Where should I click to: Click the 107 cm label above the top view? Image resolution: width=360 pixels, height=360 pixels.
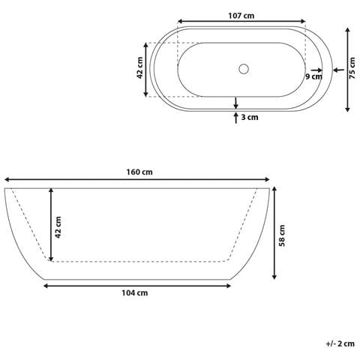click(x=241, y=13)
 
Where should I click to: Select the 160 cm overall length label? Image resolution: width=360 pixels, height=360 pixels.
click(x=139, y=171)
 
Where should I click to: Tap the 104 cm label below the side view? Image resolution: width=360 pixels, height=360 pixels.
click(x=136, y=293)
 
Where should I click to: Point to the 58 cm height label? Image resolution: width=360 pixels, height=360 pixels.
click(x=283, y=235)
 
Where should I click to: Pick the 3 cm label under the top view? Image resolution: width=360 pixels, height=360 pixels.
click(x=250, y=117)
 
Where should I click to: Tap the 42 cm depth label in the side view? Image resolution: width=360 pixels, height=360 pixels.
click(x=59, y=224)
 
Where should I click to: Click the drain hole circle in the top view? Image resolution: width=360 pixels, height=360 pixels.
click(x=242, y=69)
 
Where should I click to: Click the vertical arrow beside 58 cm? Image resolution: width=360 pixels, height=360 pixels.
click(x=274, y=232)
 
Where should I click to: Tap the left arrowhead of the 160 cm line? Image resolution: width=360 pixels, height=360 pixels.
click(x=7, y=180)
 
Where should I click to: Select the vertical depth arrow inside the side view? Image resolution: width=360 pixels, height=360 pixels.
click(x=51, y=224)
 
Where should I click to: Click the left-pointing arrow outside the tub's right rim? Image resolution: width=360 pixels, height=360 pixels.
click(x=336, y=69)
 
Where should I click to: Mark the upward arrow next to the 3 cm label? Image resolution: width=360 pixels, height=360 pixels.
click(x=236, y=116)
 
